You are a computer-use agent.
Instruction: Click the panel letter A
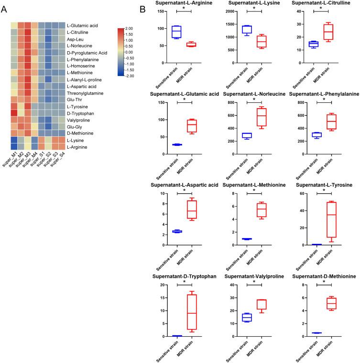pyautogui.click(x=5, y=9)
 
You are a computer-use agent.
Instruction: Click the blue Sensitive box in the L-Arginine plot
pyautogui.click(x=177, y=32)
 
